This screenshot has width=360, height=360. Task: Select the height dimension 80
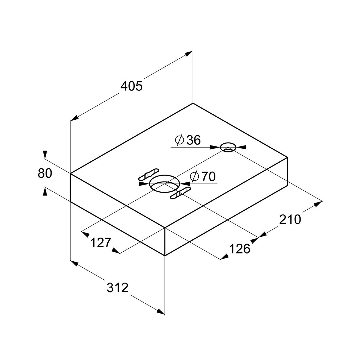click(45, 173)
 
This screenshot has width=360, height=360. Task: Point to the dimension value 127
click(101, 243)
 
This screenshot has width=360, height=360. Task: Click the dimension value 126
click(239, 249)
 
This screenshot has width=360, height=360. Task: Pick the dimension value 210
click(290, 219)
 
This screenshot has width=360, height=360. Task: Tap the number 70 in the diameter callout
click(208, 176)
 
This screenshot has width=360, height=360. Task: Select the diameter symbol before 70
click(194, 176)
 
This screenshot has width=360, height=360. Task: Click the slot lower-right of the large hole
click(181, 192)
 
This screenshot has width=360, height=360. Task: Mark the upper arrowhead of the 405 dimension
click(189, 54)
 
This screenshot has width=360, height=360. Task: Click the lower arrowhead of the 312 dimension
click(160, 311)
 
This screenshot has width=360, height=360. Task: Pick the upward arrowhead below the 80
click(45, 191)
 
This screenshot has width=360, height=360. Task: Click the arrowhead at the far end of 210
click(318, 204)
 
